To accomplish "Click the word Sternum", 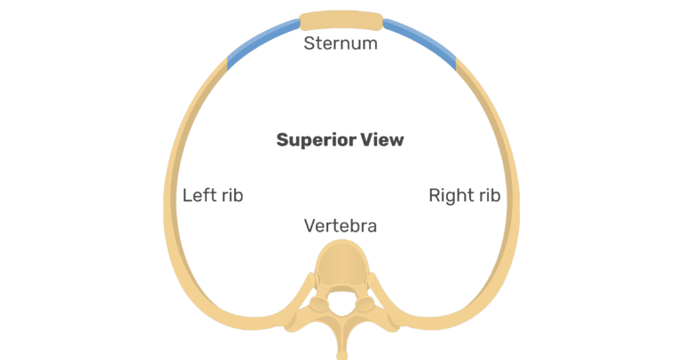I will (x=341, y=43).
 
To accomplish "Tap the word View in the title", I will (x=382, y=140).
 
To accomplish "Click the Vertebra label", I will (x=341, y=226).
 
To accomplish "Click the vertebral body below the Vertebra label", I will (x=341, y=266).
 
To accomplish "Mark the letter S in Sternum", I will (x=309, y=43).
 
